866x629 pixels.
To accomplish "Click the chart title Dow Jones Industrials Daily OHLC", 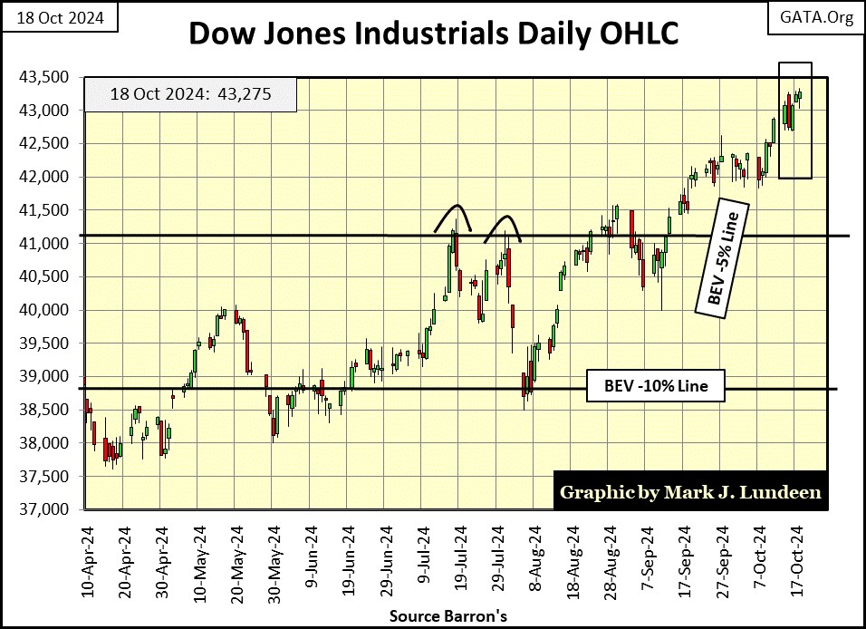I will pyautogui.click(x=433, y=34).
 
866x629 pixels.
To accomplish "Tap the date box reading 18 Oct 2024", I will pyautogui.click(x=59, y=18).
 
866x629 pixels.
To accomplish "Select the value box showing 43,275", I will pyautogui.click(x=189, y=94).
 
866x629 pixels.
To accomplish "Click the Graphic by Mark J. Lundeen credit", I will pyautogui.click(x=690, y=492).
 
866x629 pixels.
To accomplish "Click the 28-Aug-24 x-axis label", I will pyautogui.click(x=608, y=558).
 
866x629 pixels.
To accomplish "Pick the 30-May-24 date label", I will pyautogui.click(x=274, y=558).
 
